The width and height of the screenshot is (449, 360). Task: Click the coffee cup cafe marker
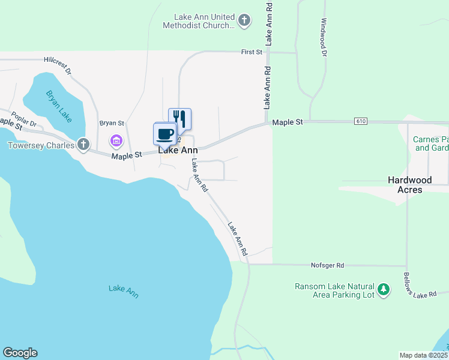point(164,133)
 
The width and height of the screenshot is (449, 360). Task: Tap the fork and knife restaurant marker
point(179,118)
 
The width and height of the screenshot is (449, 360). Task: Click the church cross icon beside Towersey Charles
point(83,145)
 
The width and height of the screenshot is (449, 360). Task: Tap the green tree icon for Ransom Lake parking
point(384,291)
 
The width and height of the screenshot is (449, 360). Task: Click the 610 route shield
point(360,121)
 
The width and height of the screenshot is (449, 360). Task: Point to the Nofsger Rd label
point(327,265)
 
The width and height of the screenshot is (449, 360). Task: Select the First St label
point(252,52)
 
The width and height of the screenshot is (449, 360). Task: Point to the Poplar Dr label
point(25,121)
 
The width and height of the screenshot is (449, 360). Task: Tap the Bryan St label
point(111,122)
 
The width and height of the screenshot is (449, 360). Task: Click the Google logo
point(20,353)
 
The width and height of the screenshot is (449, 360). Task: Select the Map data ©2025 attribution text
point(423,355)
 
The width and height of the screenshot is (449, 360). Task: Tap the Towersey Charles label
point(41,145)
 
